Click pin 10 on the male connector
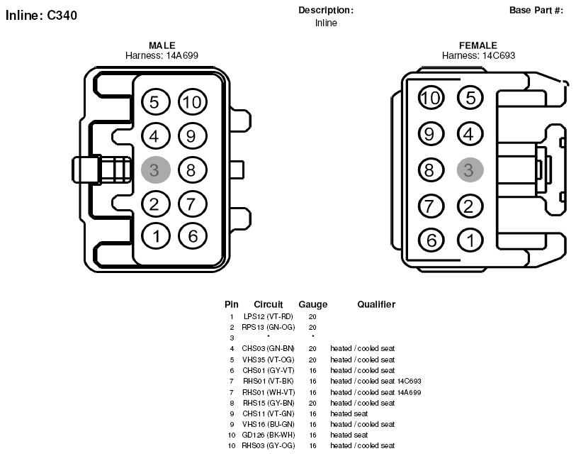(193, 102)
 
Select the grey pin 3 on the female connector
(470, 170)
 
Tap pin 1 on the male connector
(156, 236)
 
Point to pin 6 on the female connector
(431, 240)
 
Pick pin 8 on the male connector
(193, 170)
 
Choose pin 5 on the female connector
(470, 98)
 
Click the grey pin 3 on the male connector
(156, 170)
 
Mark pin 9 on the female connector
(431, 134)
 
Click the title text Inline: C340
(42, 16)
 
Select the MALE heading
(162, 45)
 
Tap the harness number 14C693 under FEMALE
(499, 55)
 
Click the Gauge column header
(312, 304)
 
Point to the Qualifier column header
(376, 304)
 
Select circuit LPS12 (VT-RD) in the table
(269, 316)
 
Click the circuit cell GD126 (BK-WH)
(269, 435)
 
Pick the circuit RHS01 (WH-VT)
(269, 392)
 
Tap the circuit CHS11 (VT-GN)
(269, 413)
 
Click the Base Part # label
(536, 11)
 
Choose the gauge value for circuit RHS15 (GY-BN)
(312, 403)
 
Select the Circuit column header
(269, 304)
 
